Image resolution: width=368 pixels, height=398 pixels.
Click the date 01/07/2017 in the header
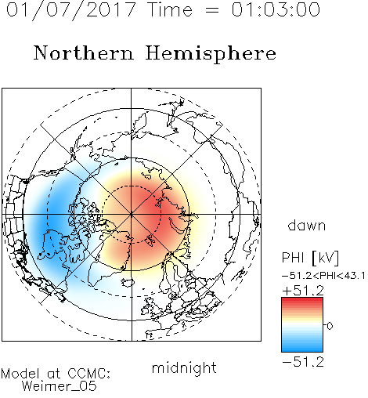pyautogui.click(x=70, y=9)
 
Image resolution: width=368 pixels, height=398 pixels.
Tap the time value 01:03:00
pyautogui.click(x=276, y=9)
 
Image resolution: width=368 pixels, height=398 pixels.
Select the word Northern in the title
pyautogui.click(x=84, y=52)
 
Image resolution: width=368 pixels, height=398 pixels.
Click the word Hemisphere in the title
pyautogui.click(x=211, y=54)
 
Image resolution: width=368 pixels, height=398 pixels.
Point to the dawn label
pyautogui.click(x=307, y=225)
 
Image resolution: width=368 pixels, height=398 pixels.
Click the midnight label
pyautogui.click(x=184, y=368)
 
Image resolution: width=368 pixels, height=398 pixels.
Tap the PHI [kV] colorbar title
pyautogui.click(x=310, y=258)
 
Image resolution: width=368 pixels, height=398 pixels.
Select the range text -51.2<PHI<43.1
pyautogui.click(x=323, y=276)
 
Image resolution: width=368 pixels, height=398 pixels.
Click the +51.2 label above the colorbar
pyautogui.click(x=303, y=291)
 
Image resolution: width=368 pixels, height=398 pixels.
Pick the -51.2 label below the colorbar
pyautogui.click(x=303, y=362)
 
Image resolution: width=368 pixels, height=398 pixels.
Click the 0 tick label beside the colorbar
pyautogui.click(x=330, y=326)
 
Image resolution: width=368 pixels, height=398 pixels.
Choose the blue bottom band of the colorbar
pyautogui.click(x=302, y=347)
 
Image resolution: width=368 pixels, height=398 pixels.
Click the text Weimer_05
pyautogui.click(x=60, y=386)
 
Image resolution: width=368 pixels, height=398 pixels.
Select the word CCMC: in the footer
pyautogui.click(x=89, y=374)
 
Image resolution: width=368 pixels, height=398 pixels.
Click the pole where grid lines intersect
pyautogui.click(x=132, y=215)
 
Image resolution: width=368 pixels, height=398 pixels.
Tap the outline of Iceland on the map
pyautogui.click(x=128, y=282)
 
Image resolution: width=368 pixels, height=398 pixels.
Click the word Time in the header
pyautogui.click(x=170, y=9)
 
